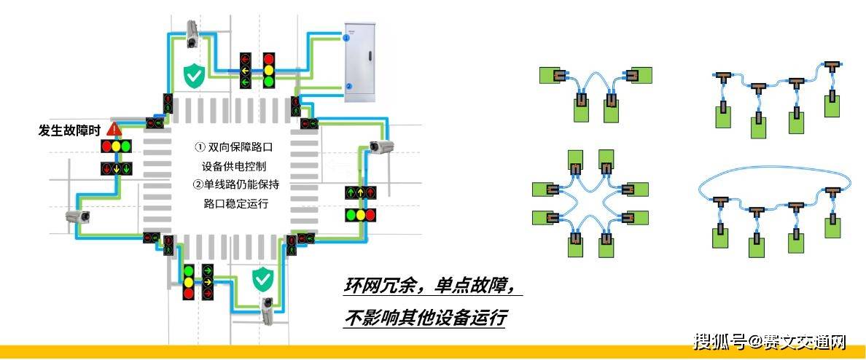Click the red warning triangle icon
[114, 129]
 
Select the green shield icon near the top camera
[193, 75]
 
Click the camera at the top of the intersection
[192, 32]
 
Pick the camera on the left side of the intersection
[77, 216]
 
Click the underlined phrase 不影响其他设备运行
[426, 318]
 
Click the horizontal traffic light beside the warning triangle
[116, 146]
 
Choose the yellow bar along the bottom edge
[433, 352]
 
